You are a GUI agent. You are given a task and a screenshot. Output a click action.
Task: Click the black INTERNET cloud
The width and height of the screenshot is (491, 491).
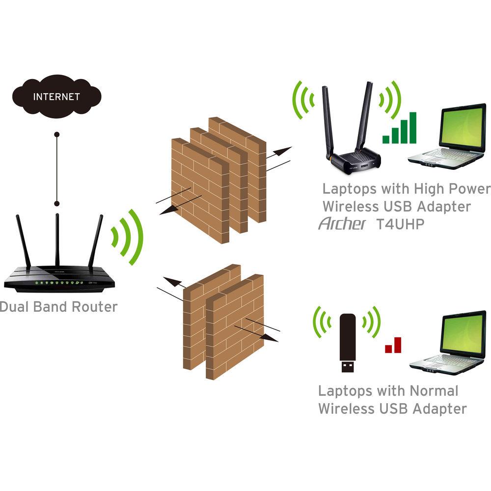point(56,97)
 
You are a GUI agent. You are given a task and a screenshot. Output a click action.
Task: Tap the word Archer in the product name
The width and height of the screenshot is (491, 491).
point(342,224)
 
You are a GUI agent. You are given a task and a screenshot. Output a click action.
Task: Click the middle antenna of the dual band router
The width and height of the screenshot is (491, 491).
point(57,241)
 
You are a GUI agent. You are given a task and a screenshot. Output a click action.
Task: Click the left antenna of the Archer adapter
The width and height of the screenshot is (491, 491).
point(327,120)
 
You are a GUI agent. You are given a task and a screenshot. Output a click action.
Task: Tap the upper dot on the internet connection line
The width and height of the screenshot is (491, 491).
point(57,134)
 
